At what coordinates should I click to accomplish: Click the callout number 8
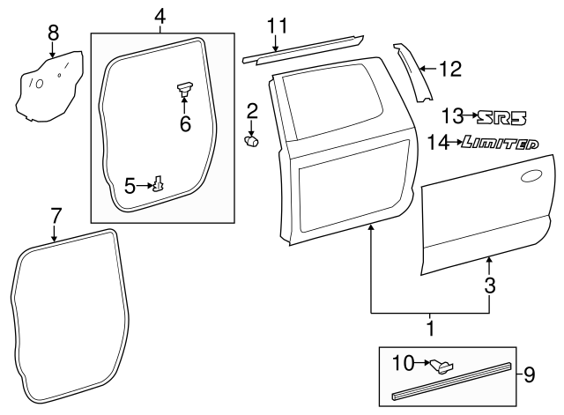(53, 33)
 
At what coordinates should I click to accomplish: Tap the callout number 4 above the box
(160, 15)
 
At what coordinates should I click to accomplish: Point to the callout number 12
(449, 68)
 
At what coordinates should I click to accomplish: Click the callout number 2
(252, 111)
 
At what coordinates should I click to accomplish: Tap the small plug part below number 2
(251, 138)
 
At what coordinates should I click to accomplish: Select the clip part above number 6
(185, 86)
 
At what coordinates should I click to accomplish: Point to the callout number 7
(56, 214)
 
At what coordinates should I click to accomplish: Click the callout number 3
(490, 285)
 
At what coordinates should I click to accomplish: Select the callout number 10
(402, 361)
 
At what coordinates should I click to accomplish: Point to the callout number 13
(452, 116)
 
